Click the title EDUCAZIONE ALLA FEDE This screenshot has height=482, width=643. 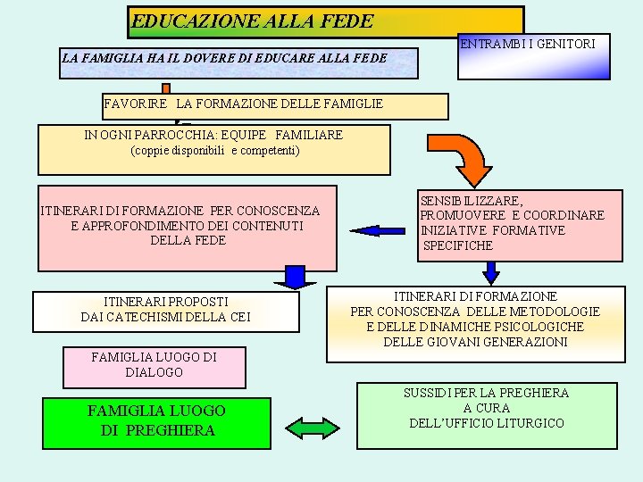point(252,21)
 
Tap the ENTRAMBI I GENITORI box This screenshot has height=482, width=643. point(534,54)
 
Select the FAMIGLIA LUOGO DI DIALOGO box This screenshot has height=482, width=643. point(154,365)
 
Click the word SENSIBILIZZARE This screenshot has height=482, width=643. point(471,201)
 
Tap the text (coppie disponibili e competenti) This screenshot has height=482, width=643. point(215,151)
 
